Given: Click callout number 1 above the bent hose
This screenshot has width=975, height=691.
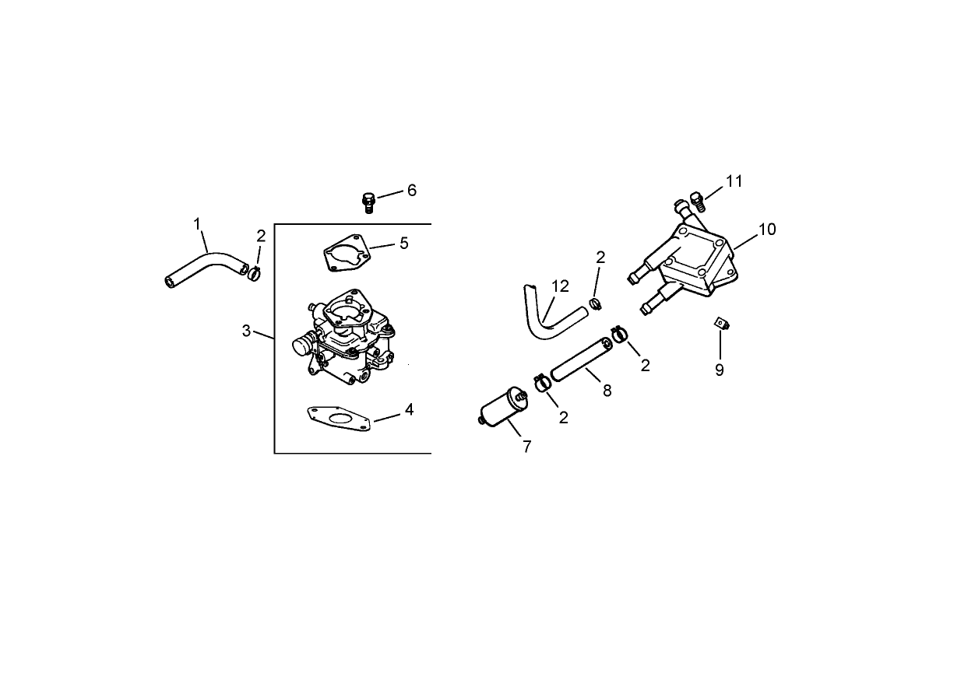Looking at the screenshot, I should coord(198,224).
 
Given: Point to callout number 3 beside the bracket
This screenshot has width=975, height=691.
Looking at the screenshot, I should coord(246,331).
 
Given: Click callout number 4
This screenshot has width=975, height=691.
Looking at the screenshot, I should coord(409,409).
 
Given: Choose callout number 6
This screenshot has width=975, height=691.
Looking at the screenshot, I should coord(412,191).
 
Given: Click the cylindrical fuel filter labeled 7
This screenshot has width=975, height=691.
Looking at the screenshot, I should coord(502,410).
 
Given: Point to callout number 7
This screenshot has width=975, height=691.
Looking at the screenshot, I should coord(527,447).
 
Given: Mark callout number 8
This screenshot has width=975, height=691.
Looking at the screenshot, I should coord(607,391).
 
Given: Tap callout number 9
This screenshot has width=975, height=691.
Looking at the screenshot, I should coord(720,370).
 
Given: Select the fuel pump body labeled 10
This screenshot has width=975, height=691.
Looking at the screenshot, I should coord(693,261).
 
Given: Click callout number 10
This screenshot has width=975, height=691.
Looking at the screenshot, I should coord(767,230).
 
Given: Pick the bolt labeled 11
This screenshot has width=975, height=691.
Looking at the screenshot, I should coord(698,202).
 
